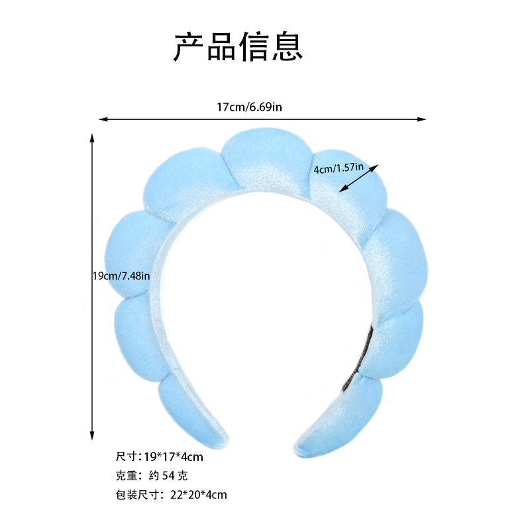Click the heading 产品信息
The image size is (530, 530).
click(x=238, y=46)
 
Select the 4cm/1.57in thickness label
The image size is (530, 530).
click(x=339, y=168)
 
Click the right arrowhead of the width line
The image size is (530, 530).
click(x=422, y=119)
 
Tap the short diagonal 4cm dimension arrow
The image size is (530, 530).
click(x=358, y=178)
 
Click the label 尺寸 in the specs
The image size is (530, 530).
click(x=126, y=456)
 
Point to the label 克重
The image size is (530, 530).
click(x=126, y=475)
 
